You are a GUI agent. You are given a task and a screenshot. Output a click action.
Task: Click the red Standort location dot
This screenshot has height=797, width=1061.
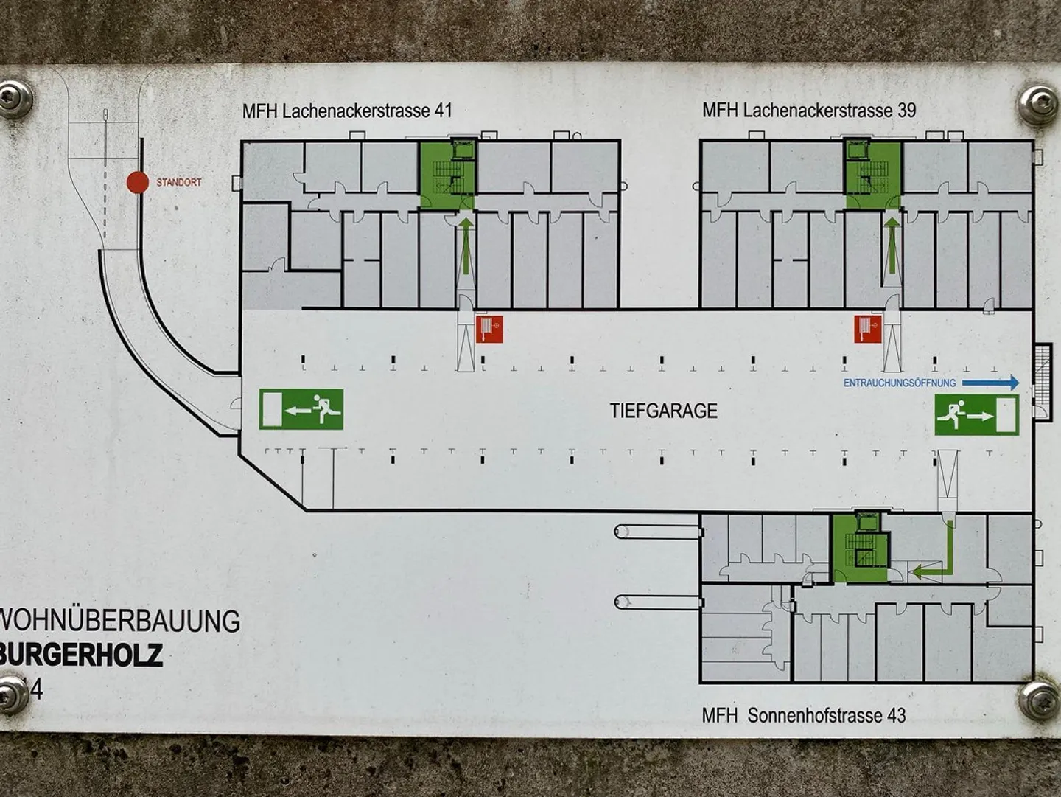click(x=137, y=182)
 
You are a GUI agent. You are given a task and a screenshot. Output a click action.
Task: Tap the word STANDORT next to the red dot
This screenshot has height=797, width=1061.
click(x=178, y=182)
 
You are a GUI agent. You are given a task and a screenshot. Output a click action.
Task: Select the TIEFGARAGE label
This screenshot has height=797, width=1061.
click(x=663, y=411)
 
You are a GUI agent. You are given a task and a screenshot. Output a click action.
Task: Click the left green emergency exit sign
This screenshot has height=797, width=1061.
click(x=301, y=410)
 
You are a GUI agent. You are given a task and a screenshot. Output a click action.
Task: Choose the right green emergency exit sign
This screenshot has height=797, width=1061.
click(x=977, y=415)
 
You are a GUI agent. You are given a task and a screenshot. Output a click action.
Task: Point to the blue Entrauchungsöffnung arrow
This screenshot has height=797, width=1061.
click(x=991, y=383)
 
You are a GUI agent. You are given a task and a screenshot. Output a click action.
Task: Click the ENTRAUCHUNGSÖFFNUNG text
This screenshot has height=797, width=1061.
click(x=900, y=383)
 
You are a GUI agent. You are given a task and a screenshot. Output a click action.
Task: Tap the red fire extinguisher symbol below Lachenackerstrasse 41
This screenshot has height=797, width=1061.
click(x=489, y=329)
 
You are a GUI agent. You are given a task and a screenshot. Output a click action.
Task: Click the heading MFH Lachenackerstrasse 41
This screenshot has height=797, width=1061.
click(x=347, y=111)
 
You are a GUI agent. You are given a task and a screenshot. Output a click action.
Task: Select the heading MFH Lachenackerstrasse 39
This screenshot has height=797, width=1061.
click(x=809, y=111)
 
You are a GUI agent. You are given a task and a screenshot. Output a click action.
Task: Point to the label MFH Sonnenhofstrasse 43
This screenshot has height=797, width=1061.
click(x=803, y=715)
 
